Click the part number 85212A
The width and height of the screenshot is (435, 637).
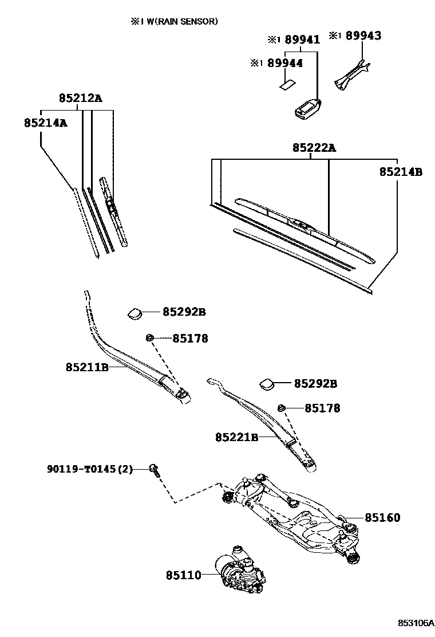point(80,99)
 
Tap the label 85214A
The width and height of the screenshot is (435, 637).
point(45,123)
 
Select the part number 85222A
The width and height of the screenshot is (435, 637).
point(314,148)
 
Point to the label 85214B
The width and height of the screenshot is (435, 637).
point(401,171)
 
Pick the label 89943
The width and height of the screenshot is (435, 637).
point(362,36)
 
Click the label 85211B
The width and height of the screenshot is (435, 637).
point(87,367)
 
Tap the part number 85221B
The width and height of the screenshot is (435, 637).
point(237,437)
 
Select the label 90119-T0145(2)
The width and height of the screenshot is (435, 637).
point(90,469)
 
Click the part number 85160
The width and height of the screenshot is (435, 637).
point(382,517)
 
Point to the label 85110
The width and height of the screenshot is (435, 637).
point(184,574)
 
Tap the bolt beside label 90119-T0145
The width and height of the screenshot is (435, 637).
point(154,469)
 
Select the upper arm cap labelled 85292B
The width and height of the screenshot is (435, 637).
point(136,313)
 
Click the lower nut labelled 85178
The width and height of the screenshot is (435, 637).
point(282,408)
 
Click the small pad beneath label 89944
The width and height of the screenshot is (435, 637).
point(287,84)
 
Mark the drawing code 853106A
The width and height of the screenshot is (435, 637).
point(416,623)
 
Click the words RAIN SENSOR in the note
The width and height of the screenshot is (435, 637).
point(188,22)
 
